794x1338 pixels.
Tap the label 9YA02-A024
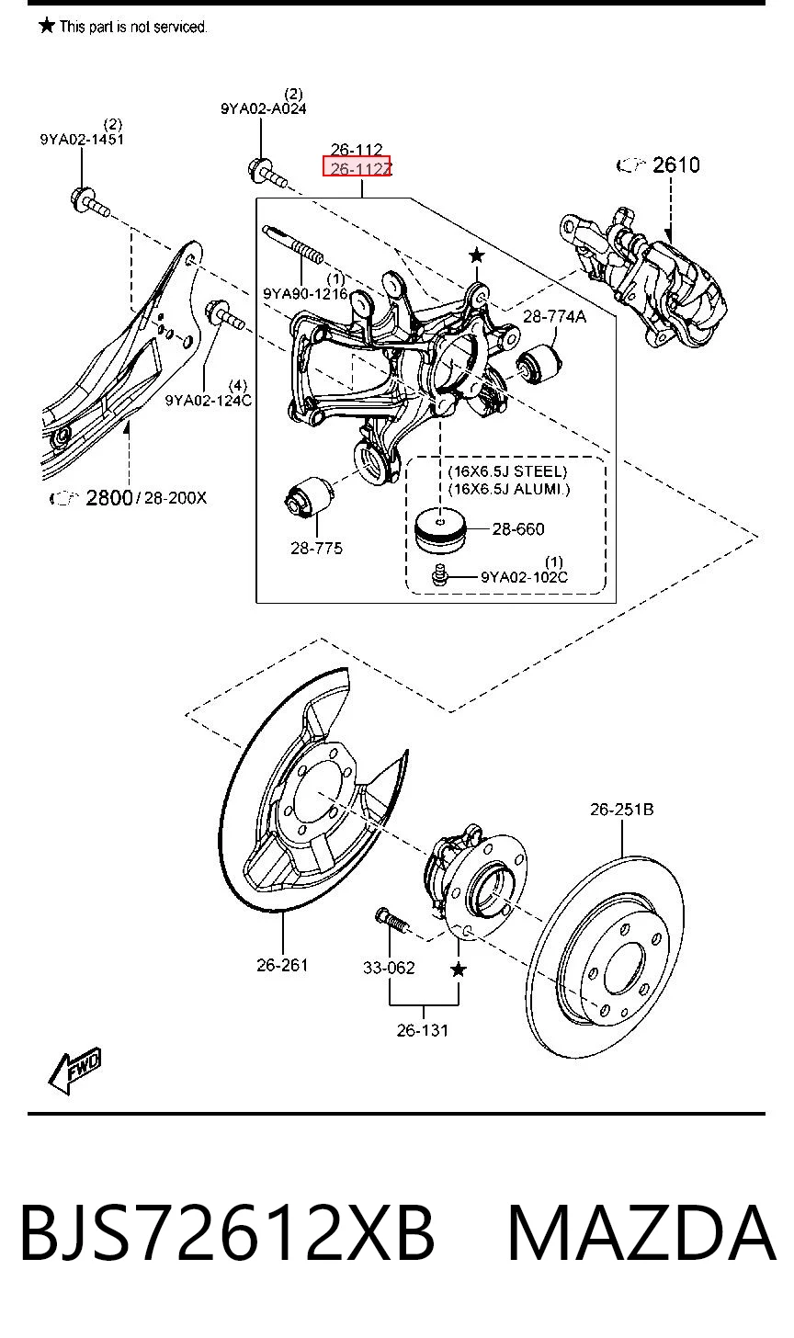click(264, 108)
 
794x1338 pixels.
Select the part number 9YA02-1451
click(82, 139)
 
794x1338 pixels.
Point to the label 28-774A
click(554, 316)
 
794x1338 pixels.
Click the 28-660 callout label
click(518, 529)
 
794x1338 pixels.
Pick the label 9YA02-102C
click(524, 577)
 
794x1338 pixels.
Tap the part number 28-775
click(317, 548)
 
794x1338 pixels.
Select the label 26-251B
click(621, 810)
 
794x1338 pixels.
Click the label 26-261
click(282, 965)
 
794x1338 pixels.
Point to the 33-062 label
click(389, 967)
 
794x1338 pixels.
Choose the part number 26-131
click(423, 1030)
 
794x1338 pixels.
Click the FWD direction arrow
click(74, 1072)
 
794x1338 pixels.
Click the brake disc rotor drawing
click(607, 956)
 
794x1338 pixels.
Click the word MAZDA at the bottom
click(641, 1233)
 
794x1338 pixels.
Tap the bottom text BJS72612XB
click(227, 1233)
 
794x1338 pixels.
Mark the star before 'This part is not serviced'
click(47, 26)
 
